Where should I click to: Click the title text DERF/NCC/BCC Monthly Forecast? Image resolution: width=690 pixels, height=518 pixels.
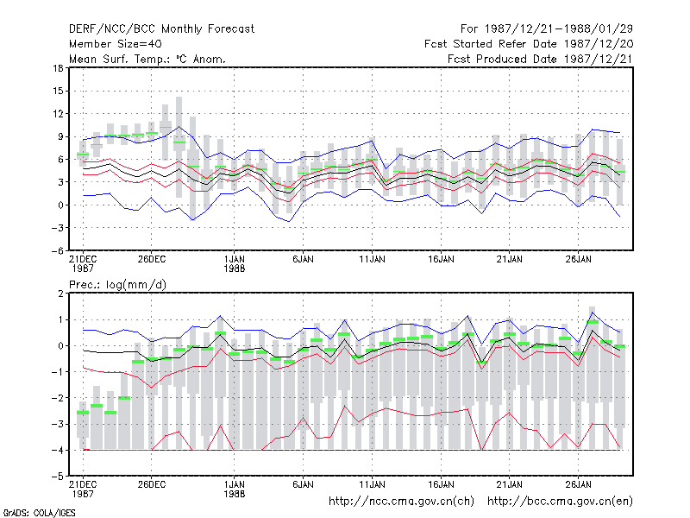pyautogui.click(x=161, y=29)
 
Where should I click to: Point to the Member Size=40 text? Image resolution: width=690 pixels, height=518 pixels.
pyautogui.click(x=116, y=44)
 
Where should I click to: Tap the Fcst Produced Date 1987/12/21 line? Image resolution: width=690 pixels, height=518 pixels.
pyautogui.click(x=540, y=59)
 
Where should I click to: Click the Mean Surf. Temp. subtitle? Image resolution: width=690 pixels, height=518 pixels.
pyautogui.click(x=147, y=59)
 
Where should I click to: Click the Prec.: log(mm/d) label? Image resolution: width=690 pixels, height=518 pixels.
pyautogui.click(x=117, y=285)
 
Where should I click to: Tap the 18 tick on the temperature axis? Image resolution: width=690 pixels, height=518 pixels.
pyautogui.click(x=58, y=68)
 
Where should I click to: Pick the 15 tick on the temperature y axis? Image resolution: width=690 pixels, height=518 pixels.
pyautogui.click(x=58, y=92)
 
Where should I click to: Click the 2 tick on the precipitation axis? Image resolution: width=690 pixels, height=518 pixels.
pyautogui.click(x=60, y=294)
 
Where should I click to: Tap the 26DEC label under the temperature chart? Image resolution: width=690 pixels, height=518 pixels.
pyautogui.click(x=152, y=260)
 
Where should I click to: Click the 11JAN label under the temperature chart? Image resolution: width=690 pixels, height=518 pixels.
pyautogui.click(x=372, y=260)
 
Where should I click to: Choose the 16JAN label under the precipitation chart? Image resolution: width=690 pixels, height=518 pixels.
pyautogui.click(x=441, y=484)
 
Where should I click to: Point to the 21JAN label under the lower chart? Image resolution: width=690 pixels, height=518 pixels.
pyautogui.click(x=510, y=484)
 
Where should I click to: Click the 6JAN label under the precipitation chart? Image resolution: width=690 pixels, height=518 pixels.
pyautogui.click(x=304, y=484)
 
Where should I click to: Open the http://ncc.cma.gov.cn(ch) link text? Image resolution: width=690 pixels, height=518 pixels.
pyautogui.click(x=401, y=502)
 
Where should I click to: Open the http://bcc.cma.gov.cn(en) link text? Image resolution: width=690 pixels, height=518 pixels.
pyautogui.click(x=560, y=502)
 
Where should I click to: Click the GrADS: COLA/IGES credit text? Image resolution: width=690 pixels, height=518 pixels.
pyautogui.click(x=39, y=513)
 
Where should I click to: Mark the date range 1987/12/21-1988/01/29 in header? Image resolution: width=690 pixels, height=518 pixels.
pyautogui.click(x=559, y=29)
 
